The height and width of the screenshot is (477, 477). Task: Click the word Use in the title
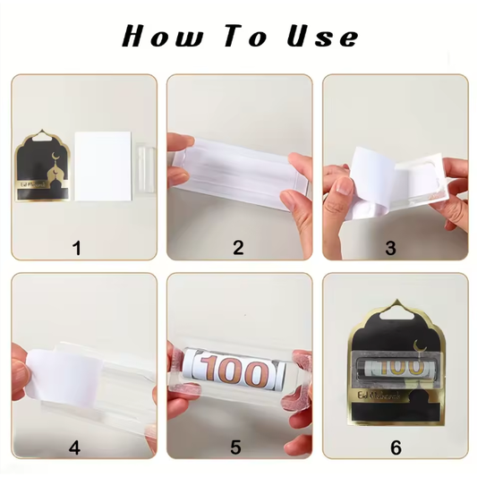[x=322, y=37]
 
